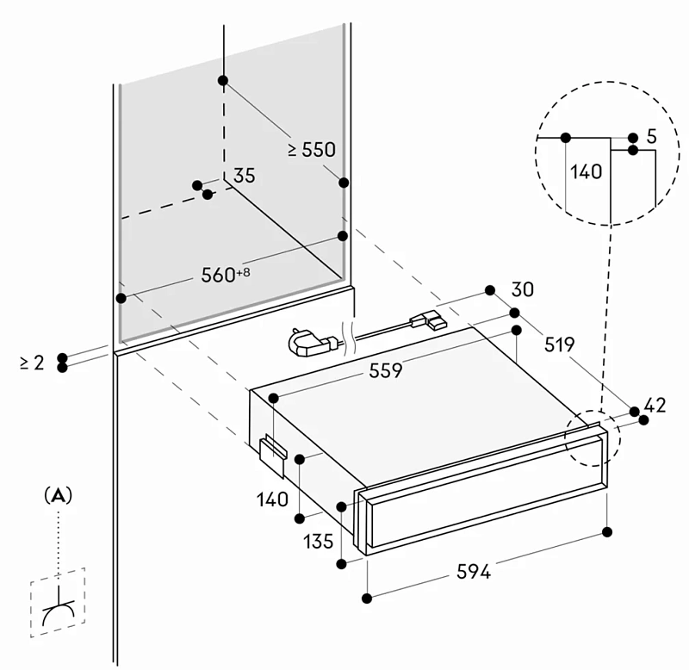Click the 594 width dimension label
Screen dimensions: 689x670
coord(473,572)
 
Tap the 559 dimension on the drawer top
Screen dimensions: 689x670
coord(385,371)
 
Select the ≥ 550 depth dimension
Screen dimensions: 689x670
coord(312,150)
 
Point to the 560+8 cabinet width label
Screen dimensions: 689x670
coord(226,275)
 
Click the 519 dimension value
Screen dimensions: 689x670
coord(559,344)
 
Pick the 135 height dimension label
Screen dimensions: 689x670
coord(318,542)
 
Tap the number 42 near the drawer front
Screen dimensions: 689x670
coord(655,405)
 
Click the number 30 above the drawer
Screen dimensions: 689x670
coord(523,289)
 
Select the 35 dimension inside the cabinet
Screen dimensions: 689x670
coord(245,176)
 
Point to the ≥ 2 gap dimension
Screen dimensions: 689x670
coord(32,363)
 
